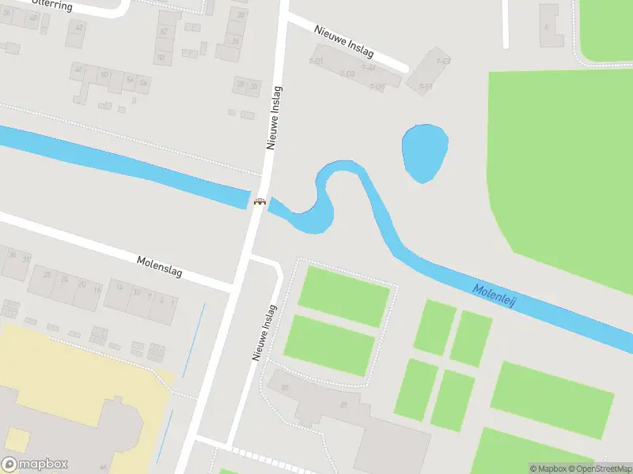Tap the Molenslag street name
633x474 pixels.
point(159,266)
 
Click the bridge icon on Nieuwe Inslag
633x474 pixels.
point(259,201)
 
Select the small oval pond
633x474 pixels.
point(425,153)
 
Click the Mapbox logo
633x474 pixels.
point(35,465)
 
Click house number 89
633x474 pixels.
point(343,405)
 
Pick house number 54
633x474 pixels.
point(130,80)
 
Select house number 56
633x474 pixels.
point(143,82)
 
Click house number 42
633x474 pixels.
point(164,32)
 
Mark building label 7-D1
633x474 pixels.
point(316,61)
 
